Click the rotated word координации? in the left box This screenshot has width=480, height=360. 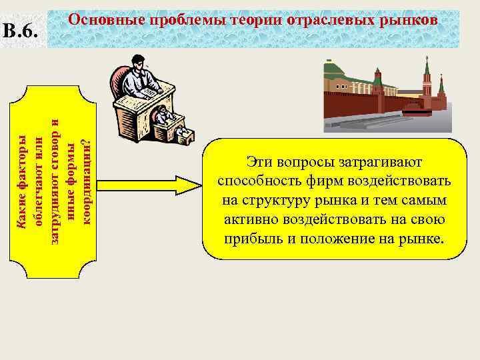click(85, 181)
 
